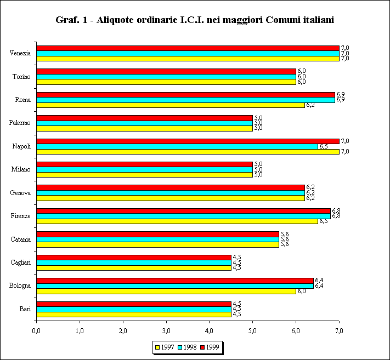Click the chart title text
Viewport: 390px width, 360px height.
tap(195, 20)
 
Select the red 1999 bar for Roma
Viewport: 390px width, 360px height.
tap(186, 95)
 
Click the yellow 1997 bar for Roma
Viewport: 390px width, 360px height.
tap(171, 105)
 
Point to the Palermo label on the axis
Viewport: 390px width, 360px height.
tap(20, 123)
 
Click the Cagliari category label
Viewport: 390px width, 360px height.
tap(20, 262)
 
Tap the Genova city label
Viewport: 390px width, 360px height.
tap(20, 193)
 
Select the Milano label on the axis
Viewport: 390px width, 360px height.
tap(21, 169)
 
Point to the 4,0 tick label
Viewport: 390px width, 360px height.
tap(210, 331)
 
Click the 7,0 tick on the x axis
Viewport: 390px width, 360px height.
tap(339, 331)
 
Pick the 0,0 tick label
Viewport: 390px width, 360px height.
tap(37, 331)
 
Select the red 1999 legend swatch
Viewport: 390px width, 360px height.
tap(202, 346)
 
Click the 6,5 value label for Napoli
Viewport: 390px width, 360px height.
tap(324, 147)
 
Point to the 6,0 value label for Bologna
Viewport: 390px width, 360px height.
tap(302, 292)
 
